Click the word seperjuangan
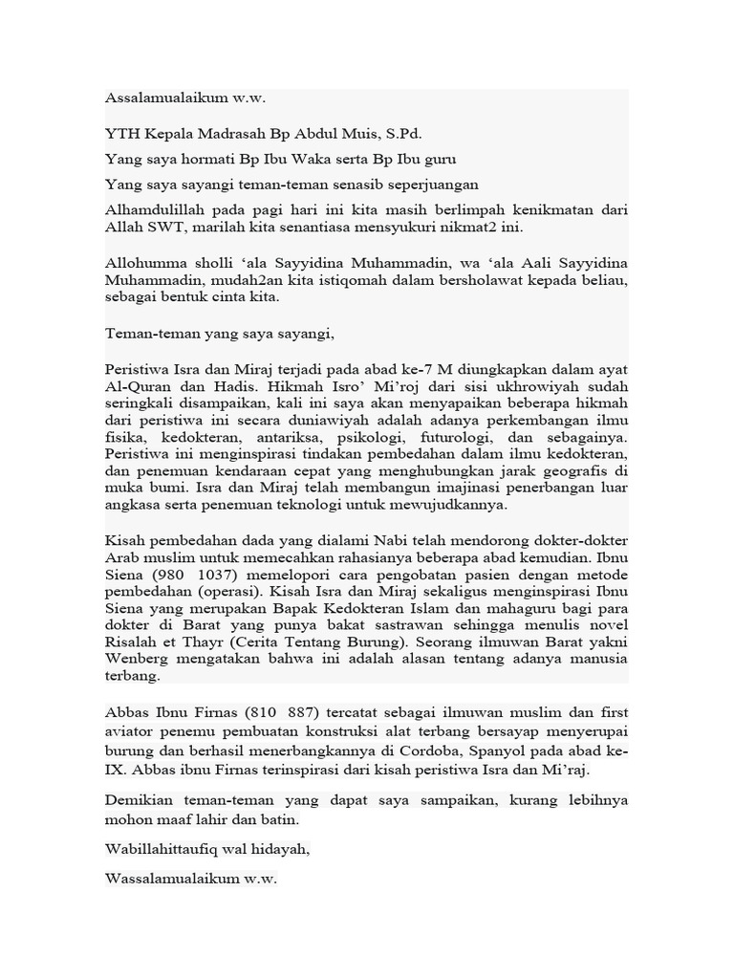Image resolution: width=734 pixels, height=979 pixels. point(430,184)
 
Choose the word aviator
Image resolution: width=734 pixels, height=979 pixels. point(131,730)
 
